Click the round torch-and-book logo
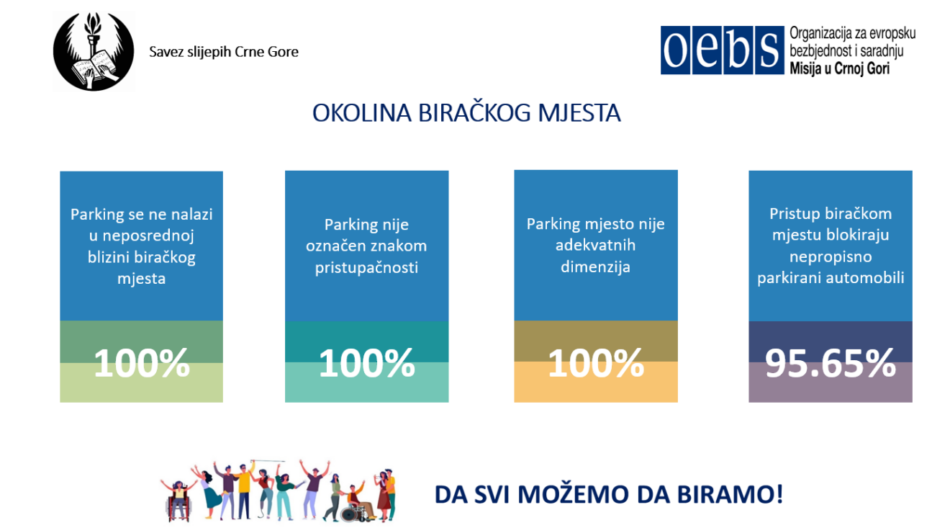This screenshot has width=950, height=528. click(94, 51)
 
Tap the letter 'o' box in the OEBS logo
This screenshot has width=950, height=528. click(675, 50)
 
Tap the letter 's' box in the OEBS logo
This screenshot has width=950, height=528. click(769, 50)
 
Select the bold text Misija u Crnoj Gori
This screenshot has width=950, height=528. click(839, 68)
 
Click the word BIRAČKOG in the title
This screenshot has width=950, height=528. click(474, 113)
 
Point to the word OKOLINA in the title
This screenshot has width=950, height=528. click(362, 113)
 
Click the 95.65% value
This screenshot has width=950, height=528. click(830, 363)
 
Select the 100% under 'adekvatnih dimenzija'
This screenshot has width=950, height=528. click(595, 363)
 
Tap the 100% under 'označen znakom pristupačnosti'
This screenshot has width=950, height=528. click(366, 363)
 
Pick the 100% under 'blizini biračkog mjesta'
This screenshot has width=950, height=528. click(141, 363)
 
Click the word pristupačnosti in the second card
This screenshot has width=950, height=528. click(366, 268)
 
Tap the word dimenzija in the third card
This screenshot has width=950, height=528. click(595, 267)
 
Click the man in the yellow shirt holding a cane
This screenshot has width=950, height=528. click(243, 491)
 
